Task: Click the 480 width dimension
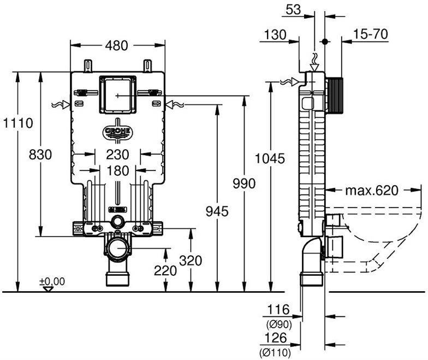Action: [x=117, y=45]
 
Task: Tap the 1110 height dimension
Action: [x=18, y=123]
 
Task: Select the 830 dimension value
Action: [x=40, y=155]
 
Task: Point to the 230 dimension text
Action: [x=118, y=155]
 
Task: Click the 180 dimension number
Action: [x=118, y=171]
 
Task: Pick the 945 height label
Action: [x=217, y=211]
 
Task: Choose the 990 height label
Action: [x=244, y=184]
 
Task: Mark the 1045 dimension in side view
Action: [x=270, y=158]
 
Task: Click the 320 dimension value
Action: [x=191, y=261]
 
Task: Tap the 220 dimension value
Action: [x=165, y=271]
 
